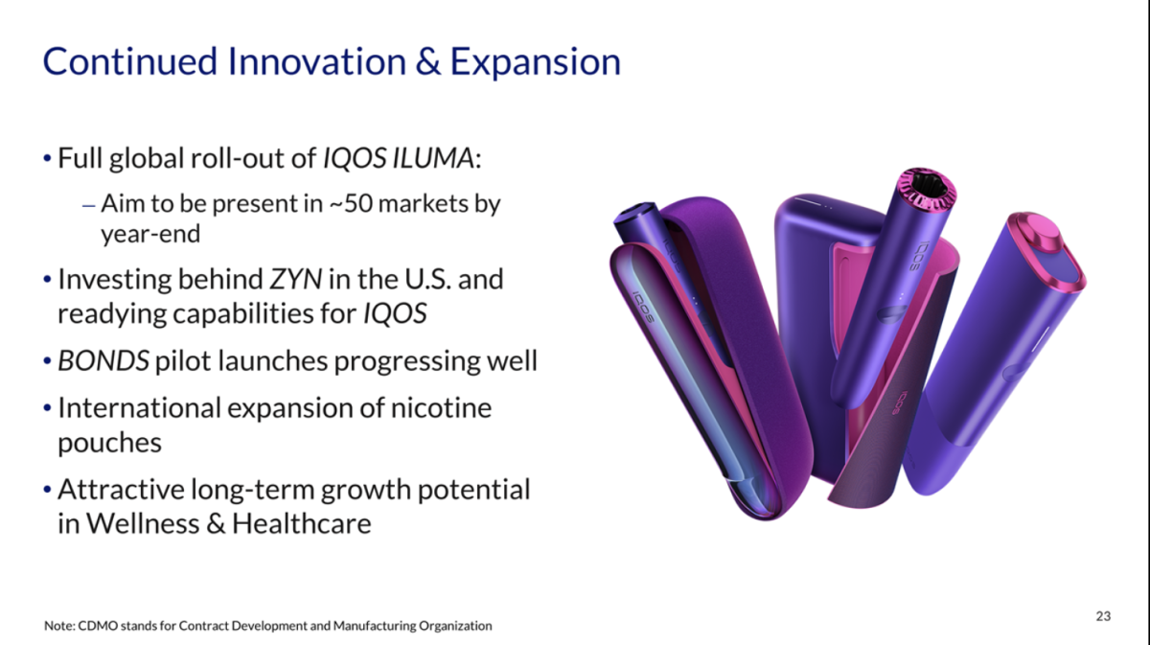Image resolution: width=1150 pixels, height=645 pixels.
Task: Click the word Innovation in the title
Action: click(318, 61)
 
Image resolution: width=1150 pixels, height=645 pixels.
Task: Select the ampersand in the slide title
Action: click(427, 62)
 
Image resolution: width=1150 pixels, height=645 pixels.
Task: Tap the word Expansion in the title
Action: click(536, 63)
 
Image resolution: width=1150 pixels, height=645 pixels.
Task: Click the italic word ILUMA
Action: click(433, 157)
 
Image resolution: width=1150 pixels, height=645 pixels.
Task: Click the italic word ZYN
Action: click(296, 279)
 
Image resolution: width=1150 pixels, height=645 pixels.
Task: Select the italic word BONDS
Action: click(103, 360)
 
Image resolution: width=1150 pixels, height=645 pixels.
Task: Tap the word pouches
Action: click(109, 443)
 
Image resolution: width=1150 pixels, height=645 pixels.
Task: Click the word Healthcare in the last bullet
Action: click(301, 524)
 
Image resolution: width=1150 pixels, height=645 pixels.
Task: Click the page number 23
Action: click(1103, 616)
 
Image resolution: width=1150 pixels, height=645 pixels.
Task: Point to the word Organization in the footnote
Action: click(455, 627)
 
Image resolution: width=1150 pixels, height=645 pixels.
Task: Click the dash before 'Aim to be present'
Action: click(88, 206)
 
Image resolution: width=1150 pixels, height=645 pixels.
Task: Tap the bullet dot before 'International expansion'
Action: click(47, 409)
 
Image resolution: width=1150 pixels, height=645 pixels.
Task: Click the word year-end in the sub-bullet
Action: click(150, 235)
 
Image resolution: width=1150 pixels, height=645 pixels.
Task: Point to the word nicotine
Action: click(442, 408)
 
